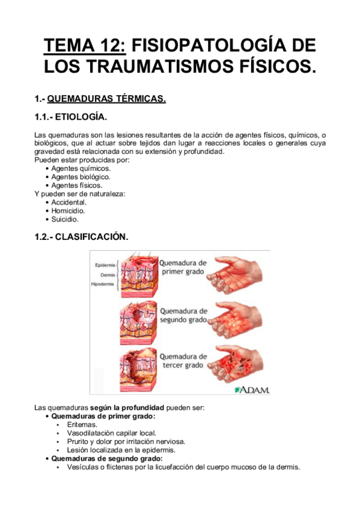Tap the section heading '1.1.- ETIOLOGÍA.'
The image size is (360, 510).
click(72, 116)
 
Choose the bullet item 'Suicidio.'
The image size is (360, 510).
click(66, 220)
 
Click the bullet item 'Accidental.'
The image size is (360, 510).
click(69, 203)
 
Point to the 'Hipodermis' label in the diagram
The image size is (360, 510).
click(103, 283)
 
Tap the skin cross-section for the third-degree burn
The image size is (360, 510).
click(136, 367)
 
